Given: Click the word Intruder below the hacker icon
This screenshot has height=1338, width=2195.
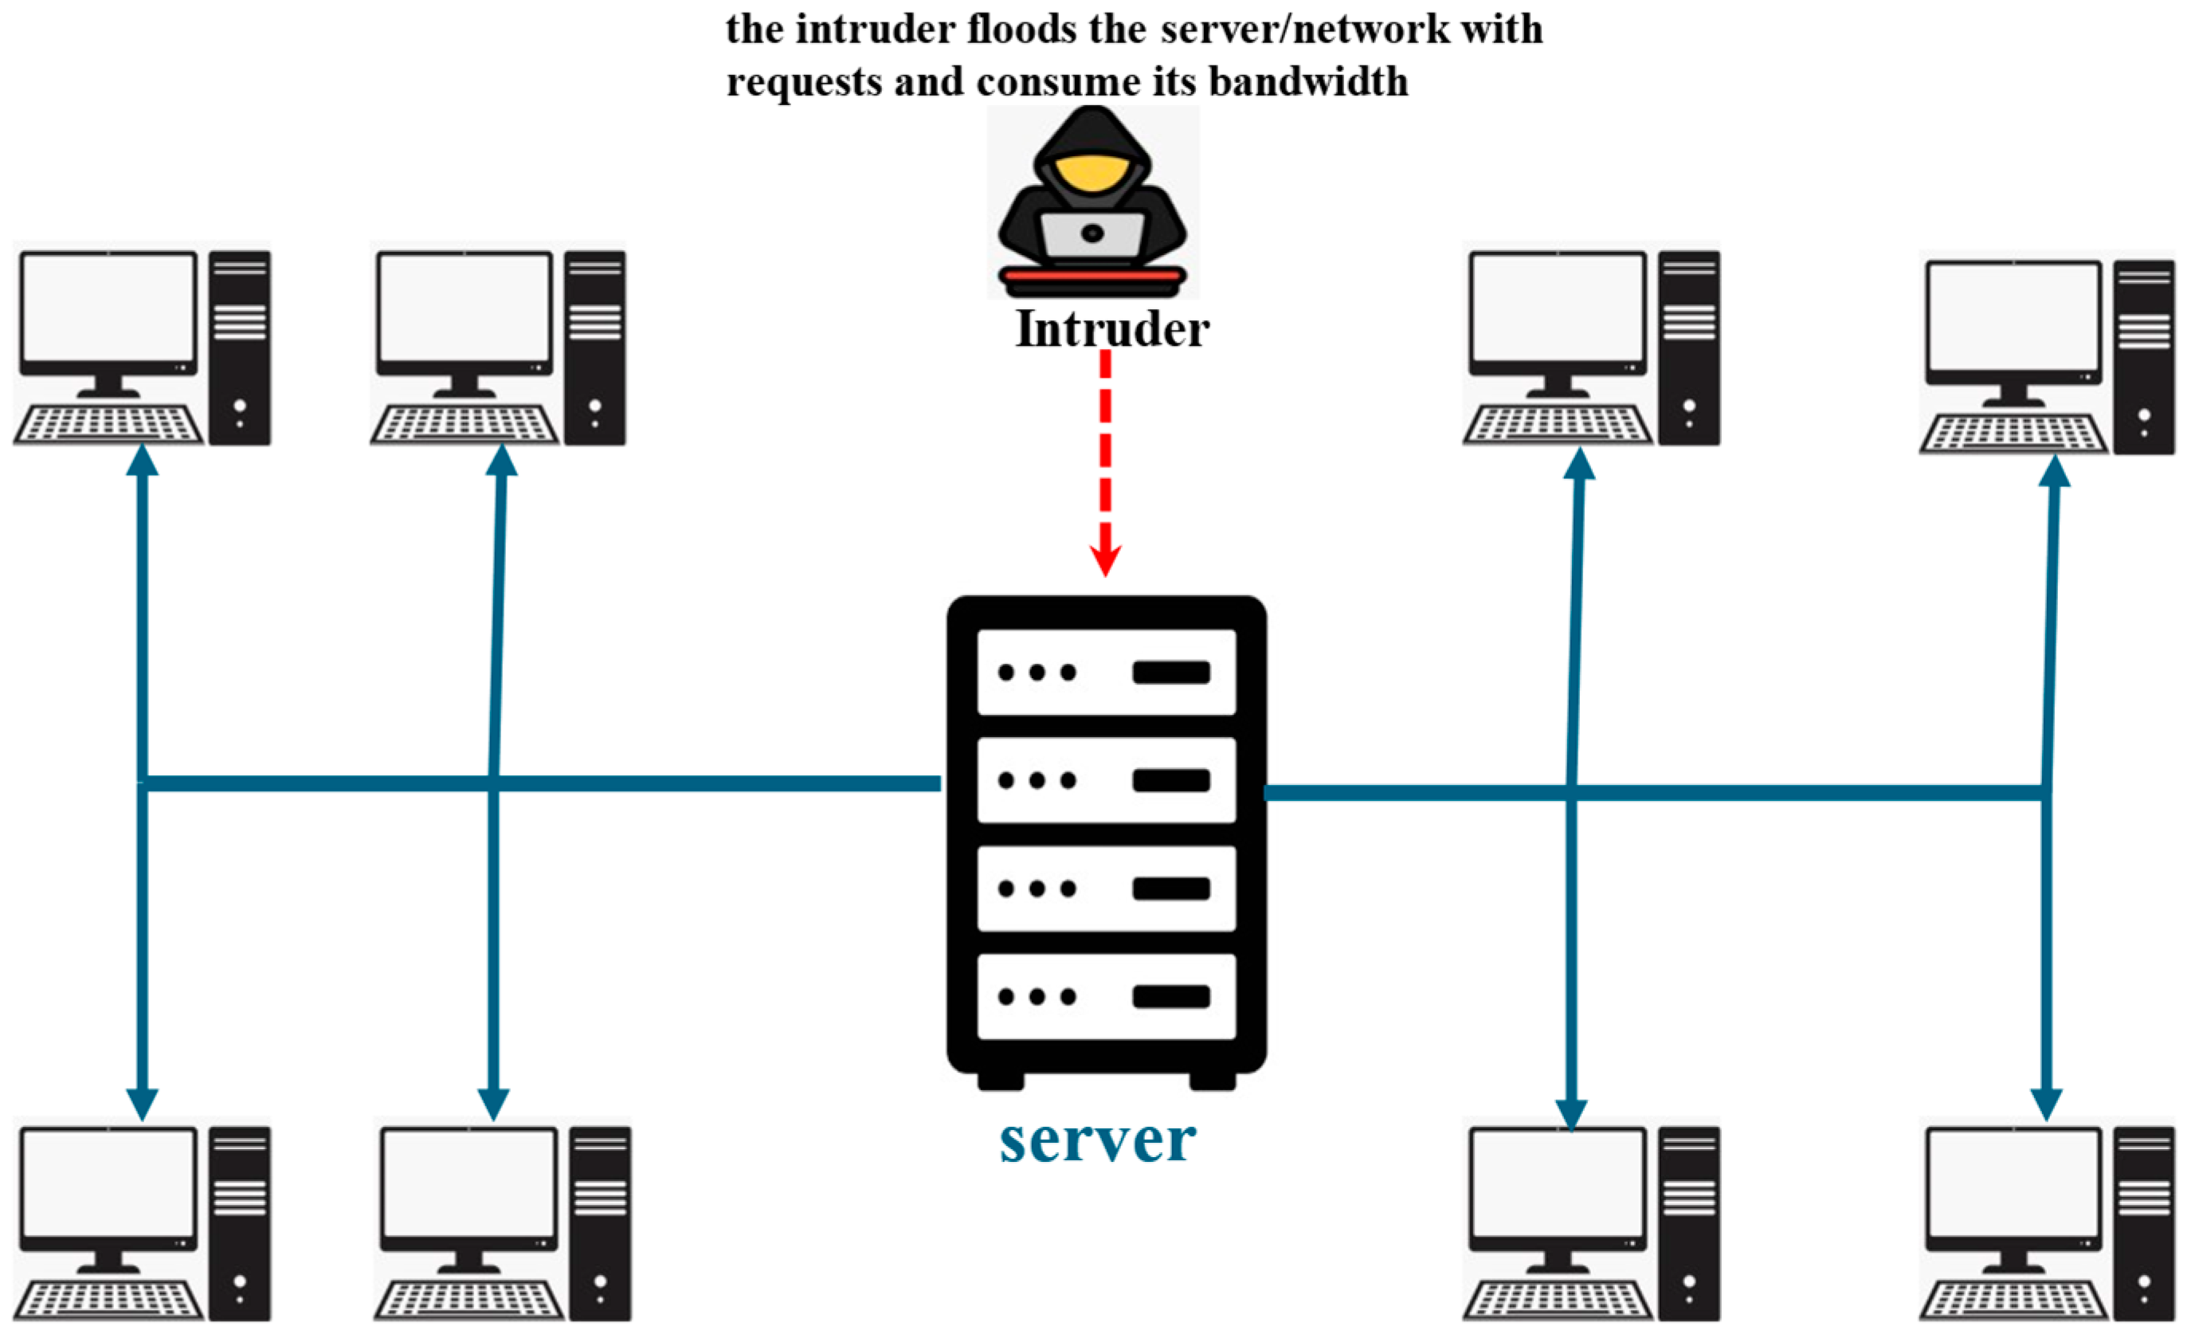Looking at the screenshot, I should [1111, 330].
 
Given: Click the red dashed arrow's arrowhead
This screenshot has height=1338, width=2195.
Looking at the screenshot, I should [1106, 561].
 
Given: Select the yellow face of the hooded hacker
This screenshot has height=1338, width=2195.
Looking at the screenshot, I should [1092, 171].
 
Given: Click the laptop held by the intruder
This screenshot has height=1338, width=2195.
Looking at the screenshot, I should [1092, 234].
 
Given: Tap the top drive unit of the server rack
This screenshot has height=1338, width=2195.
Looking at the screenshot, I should [1106, 672].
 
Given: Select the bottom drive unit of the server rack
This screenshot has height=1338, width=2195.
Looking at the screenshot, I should [1106, 996].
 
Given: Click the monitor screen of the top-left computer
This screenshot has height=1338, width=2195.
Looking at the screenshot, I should [108, 308].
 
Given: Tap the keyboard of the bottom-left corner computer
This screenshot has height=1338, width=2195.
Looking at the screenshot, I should [108, 1301].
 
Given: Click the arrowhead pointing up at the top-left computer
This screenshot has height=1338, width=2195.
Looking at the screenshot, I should [142, 461].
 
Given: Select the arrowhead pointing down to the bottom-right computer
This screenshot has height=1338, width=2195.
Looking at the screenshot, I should [2046, 1105].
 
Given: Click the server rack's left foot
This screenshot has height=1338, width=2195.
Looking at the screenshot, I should [1001, 1081].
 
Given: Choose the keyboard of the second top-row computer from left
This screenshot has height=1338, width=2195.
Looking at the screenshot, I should [465, 424].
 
